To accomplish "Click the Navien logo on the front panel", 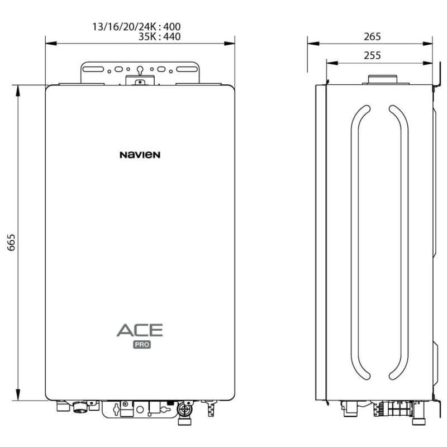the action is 140,155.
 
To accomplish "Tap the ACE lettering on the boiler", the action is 140,330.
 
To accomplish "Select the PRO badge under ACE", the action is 142,345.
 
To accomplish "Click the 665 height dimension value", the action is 11,242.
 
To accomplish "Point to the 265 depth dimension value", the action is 372,37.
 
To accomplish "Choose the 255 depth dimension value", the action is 372,55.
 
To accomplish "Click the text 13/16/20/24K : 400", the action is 136,27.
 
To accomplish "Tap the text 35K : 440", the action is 159,37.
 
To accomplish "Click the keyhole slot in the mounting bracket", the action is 140,70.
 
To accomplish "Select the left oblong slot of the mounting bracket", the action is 93,69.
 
